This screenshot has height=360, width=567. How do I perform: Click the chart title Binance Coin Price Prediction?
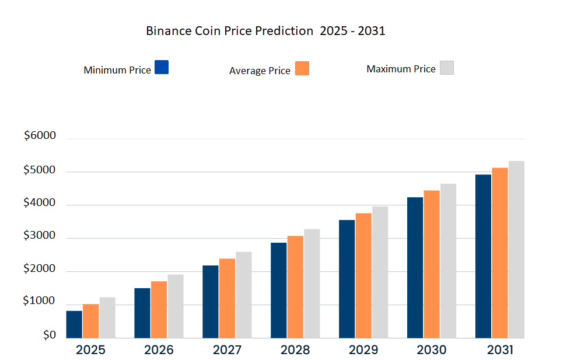click(x=265, y=32)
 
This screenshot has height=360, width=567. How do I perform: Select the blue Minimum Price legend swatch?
click(x=162, y=67)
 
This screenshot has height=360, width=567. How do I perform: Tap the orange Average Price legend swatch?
click(x=302, y=68)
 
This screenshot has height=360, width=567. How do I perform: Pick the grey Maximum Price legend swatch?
click(x=446, y=68)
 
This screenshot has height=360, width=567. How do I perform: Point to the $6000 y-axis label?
click(x=40, y=136)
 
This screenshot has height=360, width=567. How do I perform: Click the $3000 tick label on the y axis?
click(x=40, y=236)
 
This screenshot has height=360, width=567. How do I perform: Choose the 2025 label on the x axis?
click(x=90, y=350)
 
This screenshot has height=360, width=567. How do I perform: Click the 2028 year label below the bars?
click(x=295, y=350)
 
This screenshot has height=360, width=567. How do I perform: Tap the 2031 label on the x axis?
click(x=500, y=350)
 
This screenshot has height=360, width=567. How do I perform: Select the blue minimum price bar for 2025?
click(x=74, y=324)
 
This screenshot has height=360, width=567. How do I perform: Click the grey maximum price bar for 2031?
click(x=516, y=249)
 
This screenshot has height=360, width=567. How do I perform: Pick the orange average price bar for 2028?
click(x=295, y=286)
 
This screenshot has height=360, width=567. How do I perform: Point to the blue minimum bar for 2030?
click(x=415, y=267)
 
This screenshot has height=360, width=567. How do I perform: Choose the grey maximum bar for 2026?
click(x=176, y=306)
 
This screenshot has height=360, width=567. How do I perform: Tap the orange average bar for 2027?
click(x=227, y=298)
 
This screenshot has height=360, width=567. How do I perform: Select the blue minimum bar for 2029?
click(x=346, y=278)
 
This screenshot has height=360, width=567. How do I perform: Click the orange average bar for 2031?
click(x=500, y=253)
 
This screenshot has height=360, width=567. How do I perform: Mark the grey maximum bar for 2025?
click(x=107, y=317)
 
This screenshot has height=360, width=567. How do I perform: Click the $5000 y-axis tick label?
click(x=40, y=171)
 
